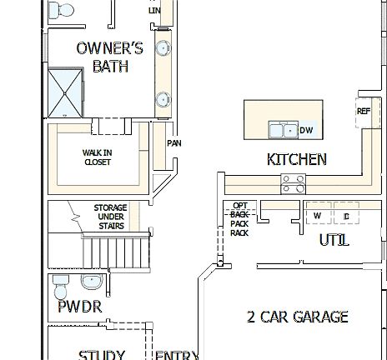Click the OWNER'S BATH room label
[109, 57]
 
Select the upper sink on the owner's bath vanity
[161, 48]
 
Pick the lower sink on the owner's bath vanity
[161, 100]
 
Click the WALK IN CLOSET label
[97, 157]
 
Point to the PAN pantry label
[174, 143]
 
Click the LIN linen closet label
[154, 10]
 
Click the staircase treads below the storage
[117, 249]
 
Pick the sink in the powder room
[93, 279]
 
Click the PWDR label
[79, 307]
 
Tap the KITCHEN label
[296, 159]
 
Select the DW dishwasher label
[306, 130]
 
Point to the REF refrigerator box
[364, 112]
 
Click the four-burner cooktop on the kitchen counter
[293, 183]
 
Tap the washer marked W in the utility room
[318, 215]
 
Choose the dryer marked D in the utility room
[345, 215]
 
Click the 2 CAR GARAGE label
[297, 317]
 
